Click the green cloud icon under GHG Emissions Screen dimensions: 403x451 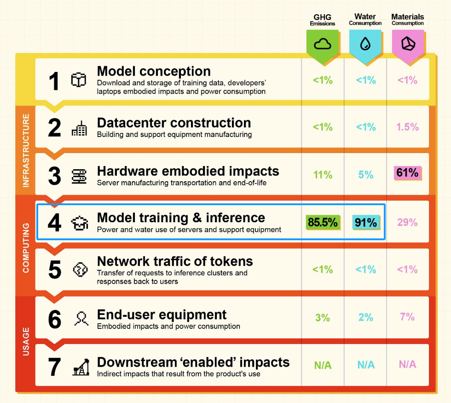tap(323, 44)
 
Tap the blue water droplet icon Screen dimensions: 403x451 tap(365, 44)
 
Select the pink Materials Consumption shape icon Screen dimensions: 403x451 tap(407, 44)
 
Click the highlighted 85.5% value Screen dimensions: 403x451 tap(323, 222)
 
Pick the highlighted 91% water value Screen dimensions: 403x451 tap(366, 222)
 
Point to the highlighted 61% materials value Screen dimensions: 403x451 tap(407, 173)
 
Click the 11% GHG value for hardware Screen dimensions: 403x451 tap(323, 175)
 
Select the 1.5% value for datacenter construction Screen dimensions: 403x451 tap(407, 127)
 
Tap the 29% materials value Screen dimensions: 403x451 tap(407, 222)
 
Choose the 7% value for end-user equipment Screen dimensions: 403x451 tap(407, 317)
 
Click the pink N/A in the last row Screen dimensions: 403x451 tap(407, 364)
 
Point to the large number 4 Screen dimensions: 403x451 tap(54, 223)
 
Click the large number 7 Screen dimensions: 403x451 tap(54, 367)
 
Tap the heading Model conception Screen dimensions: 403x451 tap(154, 71)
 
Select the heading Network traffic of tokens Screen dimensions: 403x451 tap(175, 261)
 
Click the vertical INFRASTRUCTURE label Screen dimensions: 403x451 tap(26, 150)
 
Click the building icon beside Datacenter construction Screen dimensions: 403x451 tap(79, 129)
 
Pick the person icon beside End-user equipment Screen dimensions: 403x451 tap(81, 319)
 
